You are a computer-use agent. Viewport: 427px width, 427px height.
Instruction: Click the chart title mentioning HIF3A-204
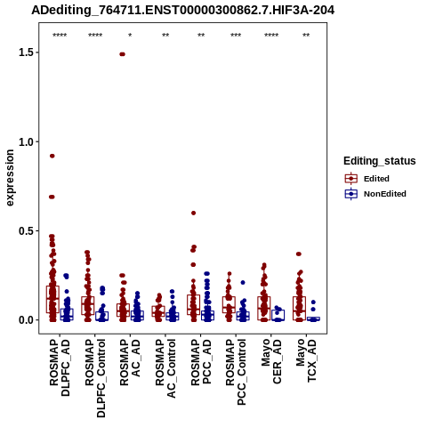click(x=183, y=10)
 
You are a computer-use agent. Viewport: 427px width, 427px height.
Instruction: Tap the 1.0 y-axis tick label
click(x=25, y=141)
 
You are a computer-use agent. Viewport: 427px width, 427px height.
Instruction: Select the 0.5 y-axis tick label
click(x=25, y=231)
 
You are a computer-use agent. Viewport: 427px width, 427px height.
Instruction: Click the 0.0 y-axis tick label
click(x=25, y=320)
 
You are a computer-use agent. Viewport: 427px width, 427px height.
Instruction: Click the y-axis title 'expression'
click(x=10, y=178)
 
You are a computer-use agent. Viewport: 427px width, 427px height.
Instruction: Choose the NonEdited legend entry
click(x=375, y=194)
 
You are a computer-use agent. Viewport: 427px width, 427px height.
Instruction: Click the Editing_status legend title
click(x=380, y=161)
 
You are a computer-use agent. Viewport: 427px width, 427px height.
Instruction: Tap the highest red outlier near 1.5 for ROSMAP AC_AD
click(x=122, y=54)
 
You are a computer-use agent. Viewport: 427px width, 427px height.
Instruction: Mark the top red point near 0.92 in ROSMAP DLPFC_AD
click(x=52, y=156)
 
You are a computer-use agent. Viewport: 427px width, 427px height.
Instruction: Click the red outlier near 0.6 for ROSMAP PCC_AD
click(x=193, y=213)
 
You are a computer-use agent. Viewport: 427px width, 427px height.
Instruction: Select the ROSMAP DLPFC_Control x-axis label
click(x=95, y=378)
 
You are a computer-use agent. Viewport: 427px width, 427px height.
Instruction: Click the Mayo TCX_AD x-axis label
click(x=306, y=360)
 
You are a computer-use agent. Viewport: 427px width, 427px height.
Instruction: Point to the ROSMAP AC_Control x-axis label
click(x=165, y=368)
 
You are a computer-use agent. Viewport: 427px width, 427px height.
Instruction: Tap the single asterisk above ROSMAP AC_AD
click(x=130, y=36)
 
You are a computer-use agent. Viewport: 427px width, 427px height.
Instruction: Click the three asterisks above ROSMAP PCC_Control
click(x=236, y=36)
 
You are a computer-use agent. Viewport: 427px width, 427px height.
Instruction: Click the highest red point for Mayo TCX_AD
click(x=299, y=254)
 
